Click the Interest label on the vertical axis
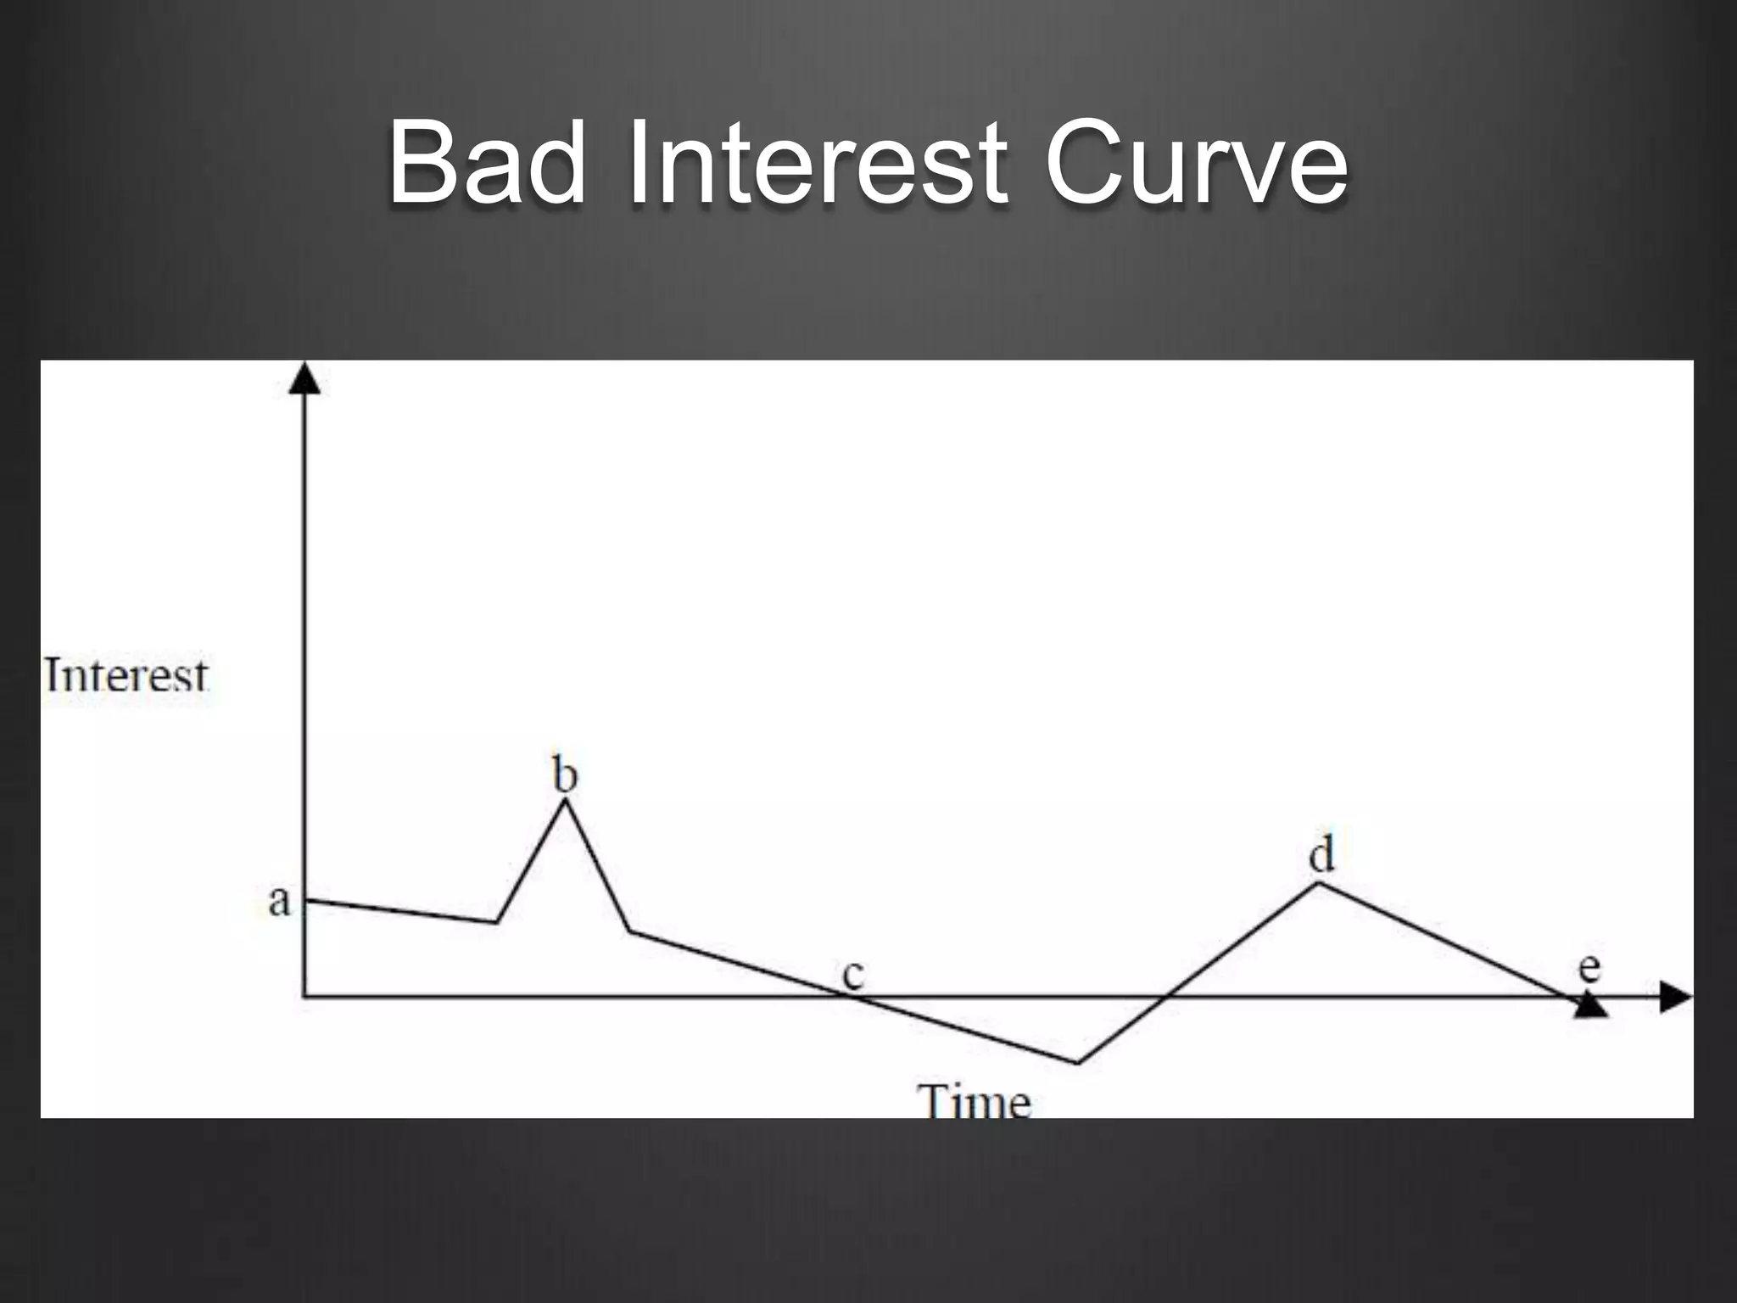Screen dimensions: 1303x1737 [x=126, y=676]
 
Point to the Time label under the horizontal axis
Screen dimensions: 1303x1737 [x=975, y=1101]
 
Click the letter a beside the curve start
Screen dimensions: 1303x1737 [x=279, y=901]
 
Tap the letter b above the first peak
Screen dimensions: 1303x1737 [x=565, y=774]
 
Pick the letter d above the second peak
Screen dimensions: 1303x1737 [x=1321, y=853]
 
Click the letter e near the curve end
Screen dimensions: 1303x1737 [x=1589, y=967]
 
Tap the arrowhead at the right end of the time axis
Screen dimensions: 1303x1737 [x=1674, y=997]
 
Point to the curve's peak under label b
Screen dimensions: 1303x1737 [x=565, y=802]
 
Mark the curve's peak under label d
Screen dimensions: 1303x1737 [x=1317, y=883]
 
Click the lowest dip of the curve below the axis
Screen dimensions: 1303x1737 [x=1078, y=1062]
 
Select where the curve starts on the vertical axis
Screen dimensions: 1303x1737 [x=305, y=900]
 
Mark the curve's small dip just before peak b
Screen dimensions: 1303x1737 [x=497, y=921]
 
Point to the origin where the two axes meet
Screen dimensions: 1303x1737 [x=304, y=997]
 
